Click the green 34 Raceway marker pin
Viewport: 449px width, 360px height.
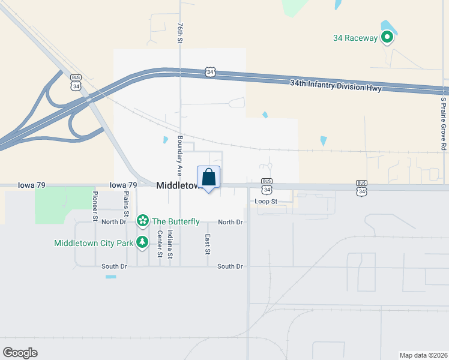click(387, 38)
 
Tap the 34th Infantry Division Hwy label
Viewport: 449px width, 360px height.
click(335, 85)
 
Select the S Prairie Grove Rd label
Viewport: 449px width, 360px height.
click(444, 124)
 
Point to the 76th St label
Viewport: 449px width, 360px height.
click(179, 34)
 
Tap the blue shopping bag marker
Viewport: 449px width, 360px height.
click(208, 178)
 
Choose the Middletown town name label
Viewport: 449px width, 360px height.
click(178, 186)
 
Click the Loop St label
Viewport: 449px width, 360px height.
click(265, 202)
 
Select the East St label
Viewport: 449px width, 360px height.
click(208, 244)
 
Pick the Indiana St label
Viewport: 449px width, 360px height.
click(170, 244)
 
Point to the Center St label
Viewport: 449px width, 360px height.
click(160, 244)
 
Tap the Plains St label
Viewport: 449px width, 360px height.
click(126, 205)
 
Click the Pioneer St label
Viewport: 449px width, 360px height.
click(95, 205)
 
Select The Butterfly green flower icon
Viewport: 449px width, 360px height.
click(143, 221)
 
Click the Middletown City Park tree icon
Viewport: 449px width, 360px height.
click(143, 242)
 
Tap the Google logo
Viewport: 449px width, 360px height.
click(20, 353)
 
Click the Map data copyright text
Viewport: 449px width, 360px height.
click(423, 355)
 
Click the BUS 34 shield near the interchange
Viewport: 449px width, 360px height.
click(76, 82)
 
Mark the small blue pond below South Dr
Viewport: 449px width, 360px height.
click(110, 277)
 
